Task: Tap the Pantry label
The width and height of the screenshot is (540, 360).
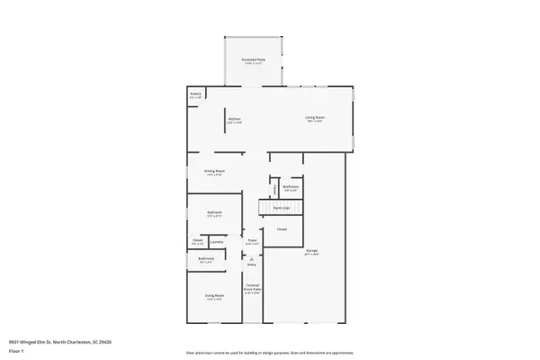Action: (195, 94)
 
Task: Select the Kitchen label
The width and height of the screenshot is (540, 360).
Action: (233, 119)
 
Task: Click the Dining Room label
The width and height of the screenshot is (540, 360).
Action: (213, 171)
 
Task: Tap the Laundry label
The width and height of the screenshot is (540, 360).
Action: (217, 241)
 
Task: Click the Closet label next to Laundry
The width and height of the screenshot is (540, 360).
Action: (197, 241)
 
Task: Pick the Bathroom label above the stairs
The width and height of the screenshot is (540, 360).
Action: (290, 188)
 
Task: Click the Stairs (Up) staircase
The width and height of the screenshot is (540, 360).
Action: (280, 208)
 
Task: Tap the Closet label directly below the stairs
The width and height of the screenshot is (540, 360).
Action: (282, 229)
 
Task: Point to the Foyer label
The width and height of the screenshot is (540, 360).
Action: (253, 241)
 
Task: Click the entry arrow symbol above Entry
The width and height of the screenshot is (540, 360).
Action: (252, 258)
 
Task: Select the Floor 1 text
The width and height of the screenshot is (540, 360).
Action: (16, 352)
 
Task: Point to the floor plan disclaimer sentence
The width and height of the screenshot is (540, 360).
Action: (269, 352)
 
